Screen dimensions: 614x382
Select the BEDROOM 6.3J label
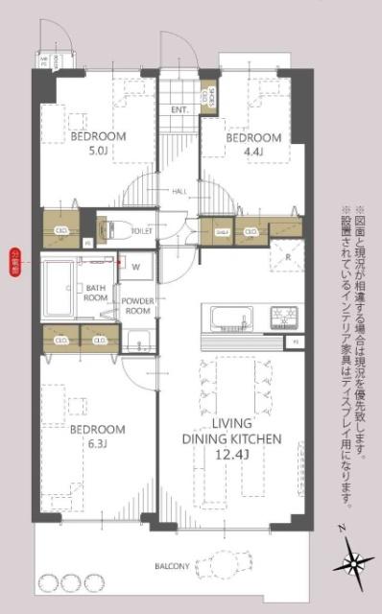point(98,435)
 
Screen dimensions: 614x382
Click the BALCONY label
point(174,567)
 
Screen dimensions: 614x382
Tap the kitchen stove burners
point(284,315)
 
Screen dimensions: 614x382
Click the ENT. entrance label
point(179,109)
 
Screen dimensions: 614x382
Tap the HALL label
point(179,192)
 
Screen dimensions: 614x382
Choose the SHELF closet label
point(220,231)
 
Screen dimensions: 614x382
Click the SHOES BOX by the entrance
point(208,98)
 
